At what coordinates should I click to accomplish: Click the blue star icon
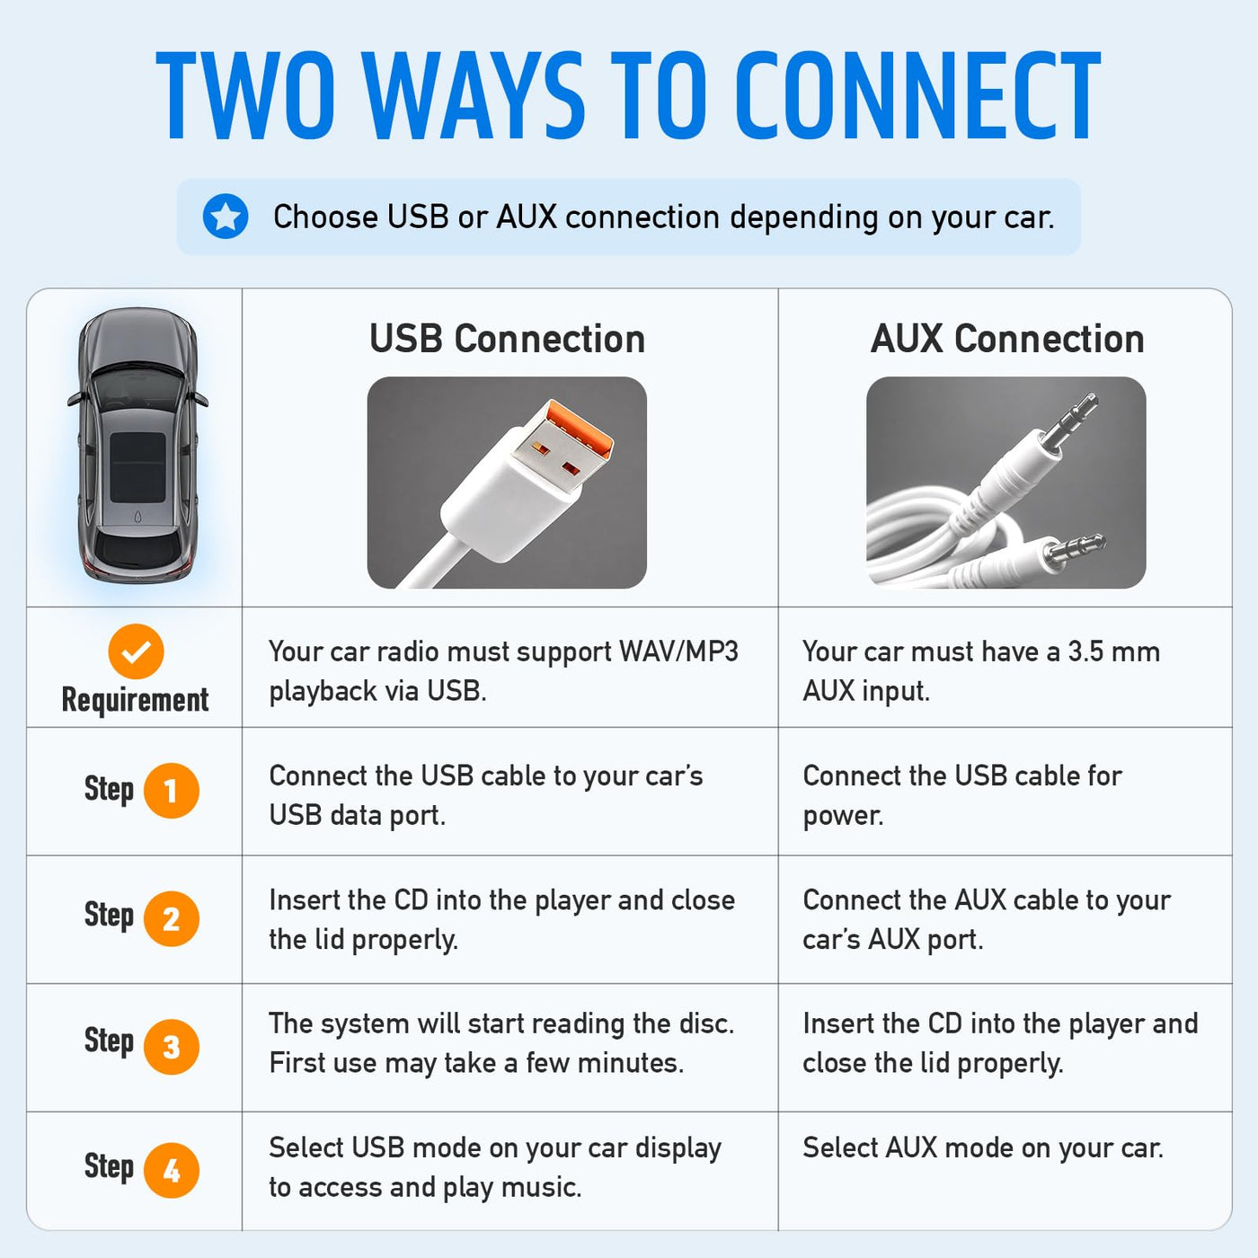pos(226,216)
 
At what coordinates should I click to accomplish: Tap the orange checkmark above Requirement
pos(136,651)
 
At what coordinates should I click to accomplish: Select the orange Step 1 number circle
pos(171,791)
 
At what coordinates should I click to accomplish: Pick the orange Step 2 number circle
pos(171,918)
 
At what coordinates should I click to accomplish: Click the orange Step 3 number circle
pos(171,1047)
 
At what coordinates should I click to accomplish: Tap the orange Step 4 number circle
pos(171,1171)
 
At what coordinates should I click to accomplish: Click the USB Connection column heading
pos(508,339)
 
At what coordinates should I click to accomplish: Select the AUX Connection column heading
pos(1007,339)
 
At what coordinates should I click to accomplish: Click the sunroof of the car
pos(137,466)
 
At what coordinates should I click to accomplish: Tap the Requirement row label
pos(135,700)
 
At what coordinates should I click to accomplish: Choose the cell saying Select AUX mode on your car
pos(983,1147)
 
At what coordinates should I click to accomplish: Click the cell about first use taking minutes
pos(502,1043)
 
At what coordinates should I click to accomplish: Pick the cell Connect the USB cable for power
pos(962,795)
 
